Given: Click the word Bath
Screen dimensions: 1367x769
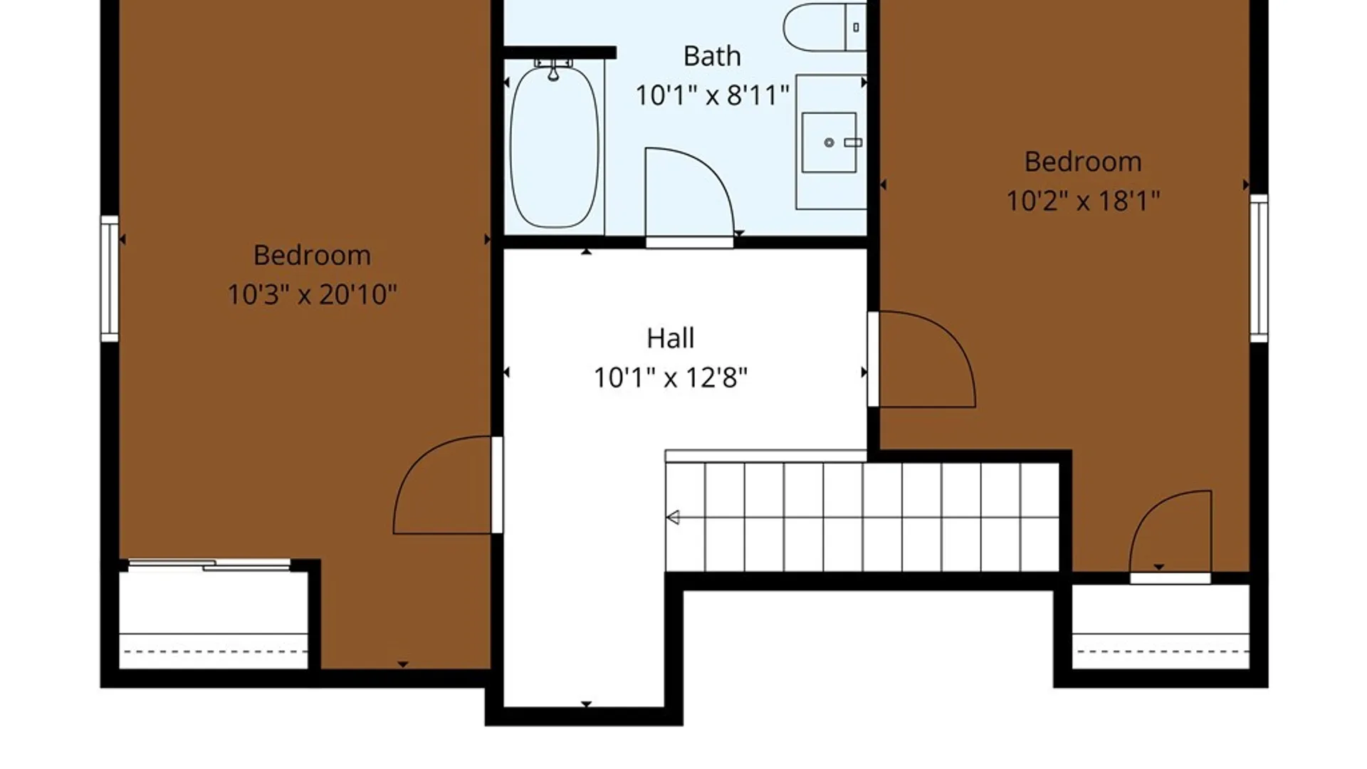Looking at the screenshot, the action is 712,56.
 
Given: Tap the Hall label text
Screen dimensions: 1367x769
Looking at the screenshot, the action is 670,338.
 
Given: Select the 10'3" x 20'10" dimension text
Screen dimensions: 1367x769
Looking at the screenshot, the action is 312,294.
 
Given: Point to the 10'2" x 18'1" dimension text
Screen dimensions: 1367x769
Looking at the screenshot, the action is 1083,201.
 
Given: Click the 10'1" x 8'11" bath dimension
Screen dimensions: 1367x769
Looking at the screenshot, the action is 712,95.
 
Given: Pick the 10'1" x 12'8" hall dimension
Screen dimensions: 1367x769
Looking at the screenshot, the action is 670,377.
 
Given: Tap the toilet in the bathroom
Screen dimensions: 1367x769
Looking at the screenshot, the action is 824,27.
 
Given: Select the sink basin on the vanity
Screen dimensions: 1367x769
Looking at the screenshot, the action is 829,142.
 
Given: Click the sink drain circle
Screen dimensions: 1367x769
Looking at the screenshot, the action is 829,142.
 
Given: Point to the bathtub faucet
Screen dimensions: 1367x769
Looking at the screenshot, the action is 553,70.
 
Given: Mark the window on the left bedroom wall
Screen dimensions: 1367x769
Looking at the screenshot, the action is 110,278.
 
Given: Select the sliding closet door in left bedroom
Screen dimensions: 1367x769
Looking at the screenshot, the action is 209,565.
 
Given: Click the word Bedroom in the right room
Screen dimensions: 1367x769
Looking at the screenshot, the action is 1083,162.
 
